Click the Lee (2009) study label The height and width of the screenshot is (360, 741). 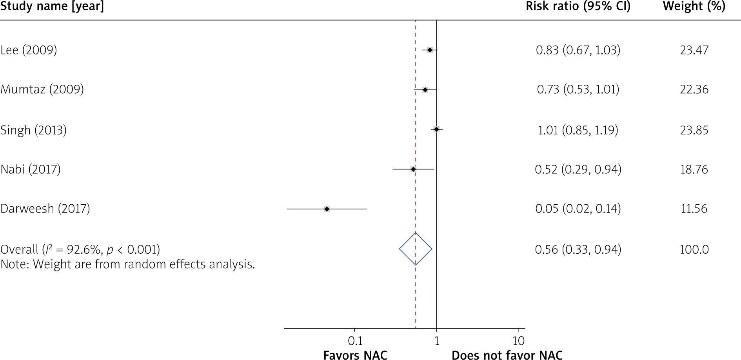(x=29, y=50)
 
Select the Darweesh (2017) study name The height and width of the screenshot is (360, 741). (x=45, y=208)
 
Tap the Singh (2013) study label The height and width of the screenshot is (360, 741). (x=33, y=130)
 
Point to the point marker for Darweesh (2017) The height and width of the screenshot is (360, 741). (x=327, y=209)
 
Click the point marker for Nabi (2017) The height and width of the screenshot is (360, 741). (x=413, y=169)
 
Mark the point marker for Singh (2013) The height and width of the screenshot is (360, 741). (x=436, y=129)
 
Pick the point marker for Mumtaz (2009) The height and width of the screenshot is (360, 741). (x=425, y=90)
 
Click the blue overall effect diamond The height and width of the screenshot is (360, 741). (x=416, y=249)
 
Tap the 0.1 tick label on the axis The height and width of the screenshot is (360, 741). (x=355, y=341)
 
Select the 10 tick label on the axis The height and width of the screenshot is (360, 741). (x=518, y=341)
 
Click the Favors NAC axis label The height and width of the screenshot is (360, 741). (x=355, y=355)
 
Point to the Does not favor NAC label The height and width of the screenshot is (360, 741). (x=507, y=355)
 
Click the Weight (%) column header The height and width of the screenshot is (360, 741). (x=694, y=7)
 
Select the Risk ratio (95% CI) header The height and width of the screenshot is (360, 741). (x=578, y=7)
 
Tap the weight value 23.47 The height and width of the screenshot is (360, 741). (x=694, y=50)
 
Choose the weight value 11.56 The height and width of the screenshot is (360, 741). (x=694, y=208)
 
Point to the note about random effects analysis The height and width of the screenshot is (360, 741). (x=128, y=264)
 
